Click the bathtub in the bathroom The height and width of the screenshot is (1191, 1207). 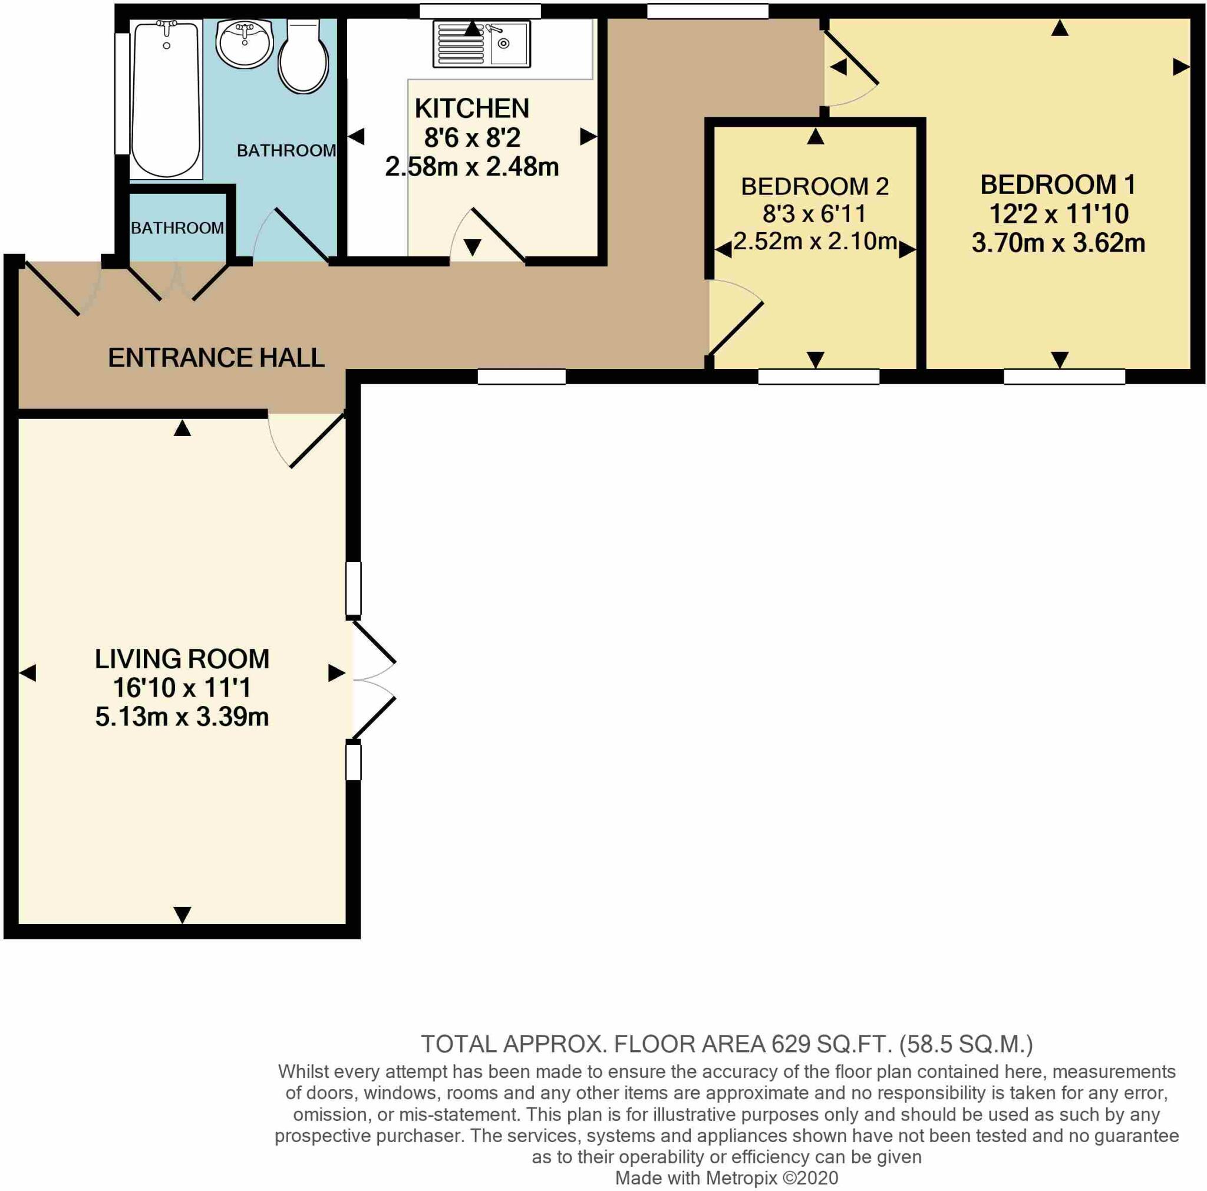[166, 98]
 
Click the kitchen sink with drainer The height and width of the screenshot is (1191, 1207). [481, 44]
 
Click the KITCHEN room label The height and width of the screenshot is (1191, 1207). [471, 108]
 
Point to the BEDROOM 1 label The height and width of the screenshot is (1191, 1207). [1058, 185]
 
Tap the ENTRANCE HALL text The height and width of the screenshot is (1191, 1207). [216, 358]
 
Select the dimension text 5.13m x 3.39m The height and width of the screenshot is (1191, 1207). [182, 717]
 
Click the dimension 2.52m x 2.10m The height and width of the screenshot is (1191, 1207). [814, 241]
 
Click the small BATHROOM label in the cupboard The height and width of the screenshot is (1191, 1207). [177, 228]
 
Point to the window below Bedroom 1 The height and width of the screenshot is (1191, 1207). [1064, 377]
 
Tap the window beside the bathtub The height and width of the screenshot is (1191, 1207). [122, 94]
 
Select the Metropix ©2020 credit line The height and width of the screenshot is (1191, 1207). [727, 1178]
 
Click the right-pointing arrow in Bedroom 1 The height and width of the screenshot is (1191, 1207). [1180, 67]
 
